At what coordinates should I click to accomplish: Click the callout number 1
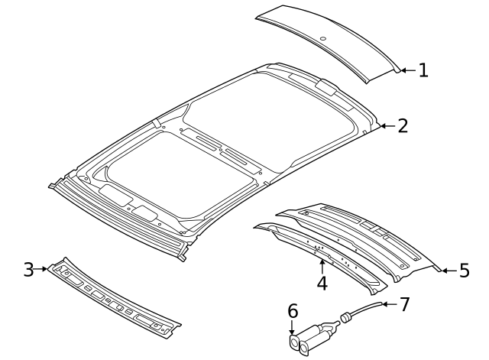tap(423, 70)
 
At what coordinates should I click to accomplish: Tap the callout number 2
tap(403, 126)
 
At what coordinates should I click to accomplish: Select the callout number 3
tap(28, 269)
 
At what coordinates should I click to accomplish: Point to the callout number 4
tap(322, 284)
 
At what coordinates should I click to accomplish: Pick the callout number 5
tap(465, 270)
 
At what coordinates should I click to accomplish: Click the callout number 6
tap(293, 311)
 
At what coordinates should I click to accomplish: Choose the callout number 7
tap(404, 304)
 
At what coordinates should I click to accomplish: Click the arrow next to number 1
tap(408, 70)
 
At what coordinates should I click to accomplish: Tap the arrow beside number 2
tap(387, 126)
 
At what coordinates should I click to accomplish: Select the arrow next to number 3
tap(40, 269)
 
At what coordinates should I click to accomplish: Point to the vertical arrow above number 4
tap(322, 267)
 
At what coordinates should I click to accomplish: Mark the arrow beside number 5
tap(449, 271)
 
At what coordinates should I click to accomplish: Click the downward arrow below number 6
tap(292, 328)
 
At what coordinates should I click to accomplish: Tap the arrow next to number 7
tap(390, 304)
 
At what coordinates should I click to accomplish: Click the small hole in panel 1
tap(323, 39)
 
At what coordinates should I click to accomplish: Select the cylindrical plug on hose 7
tap(345, 317)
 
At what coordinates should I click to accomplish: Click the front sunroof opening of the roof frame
tap(181, 175)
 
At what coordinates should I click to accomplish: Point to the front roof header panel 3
tap(113, 298)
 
